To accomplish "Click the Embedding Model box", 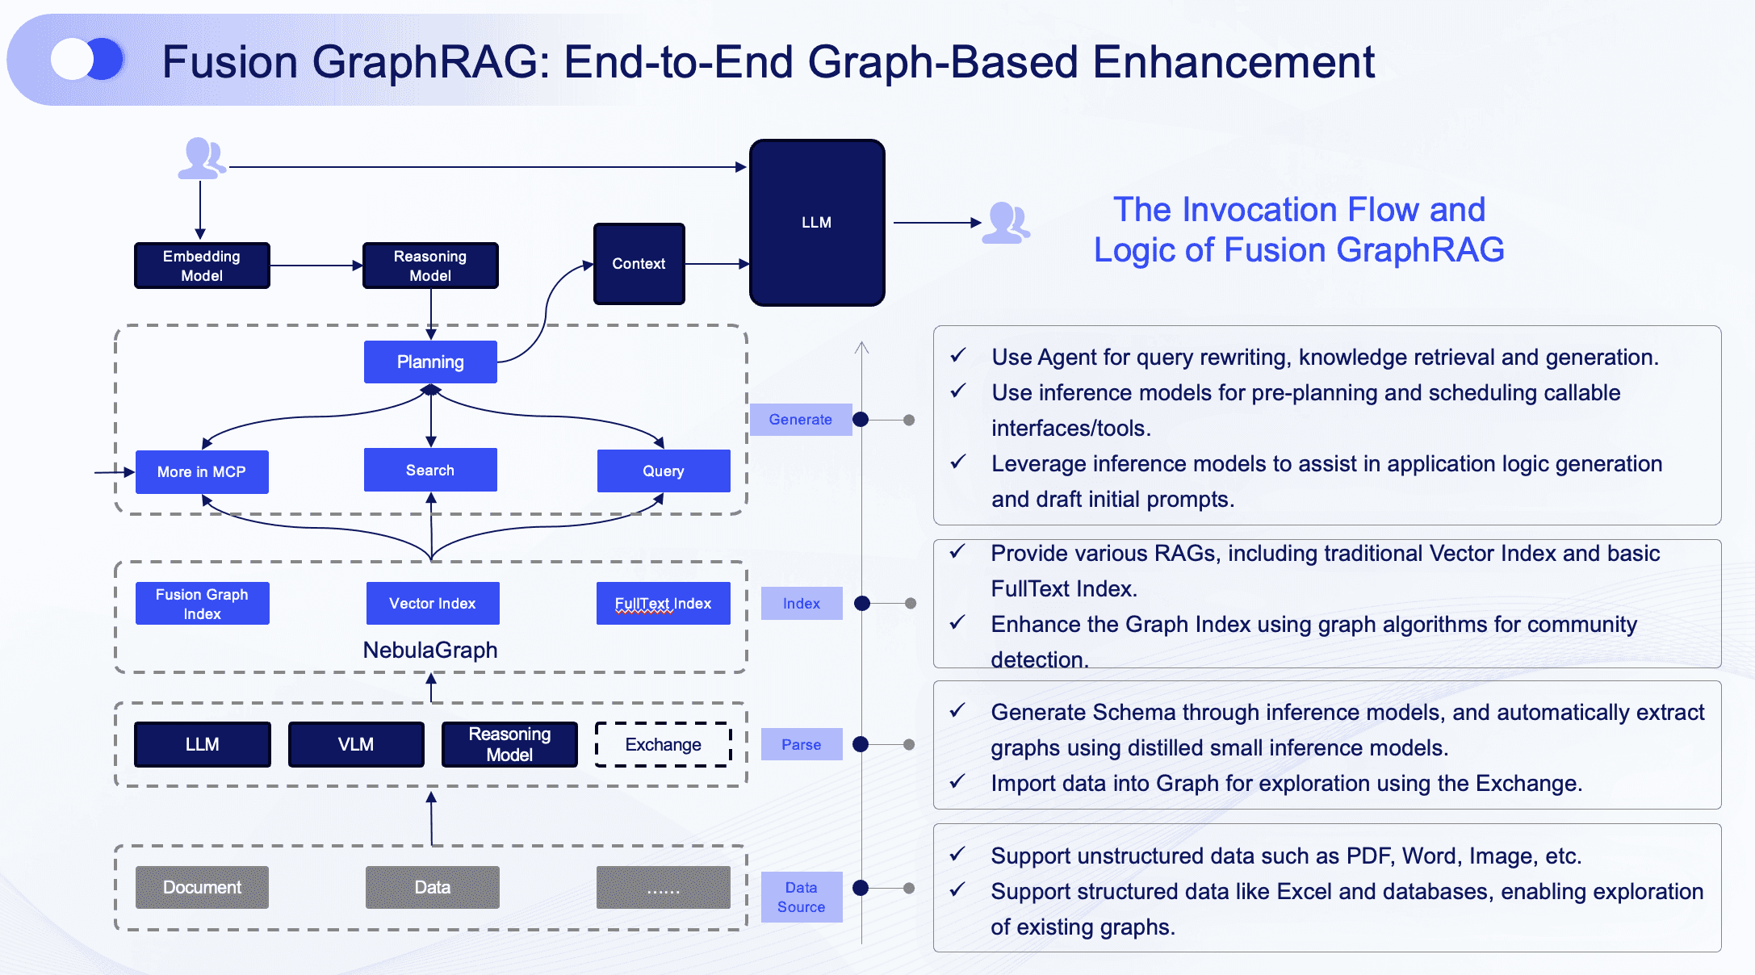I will point(202,266).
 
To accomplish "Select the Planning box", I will point(430,362).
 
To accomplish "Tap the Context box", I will point(639,264).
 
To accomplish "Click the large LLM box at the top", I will point(817,223).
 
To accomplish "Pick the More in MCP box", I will point(202,471).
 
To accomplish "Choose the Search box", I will point(430,470).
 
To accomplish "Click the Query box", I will point(663,471).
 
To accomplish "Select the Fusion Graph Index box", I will point(202,604).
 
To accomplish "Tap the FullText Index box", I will point(663,604).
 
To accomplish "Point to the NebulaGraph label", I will point(430,650).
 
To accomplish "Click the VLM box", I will point(356,744).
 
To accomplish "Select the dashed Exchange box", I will point(663,744).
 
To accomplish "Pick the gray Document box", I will point(202,887).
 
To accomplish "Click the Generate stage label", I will point(800,420).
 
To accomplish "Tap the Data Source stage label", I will point(801,897).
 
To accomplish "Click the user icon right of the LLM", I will point(1006,223).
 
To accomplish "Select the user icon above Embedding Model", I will point(202,158).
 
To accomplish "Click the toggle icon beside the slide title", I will point(87,60).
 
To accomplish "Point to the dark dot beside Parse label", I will point(861,744).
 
